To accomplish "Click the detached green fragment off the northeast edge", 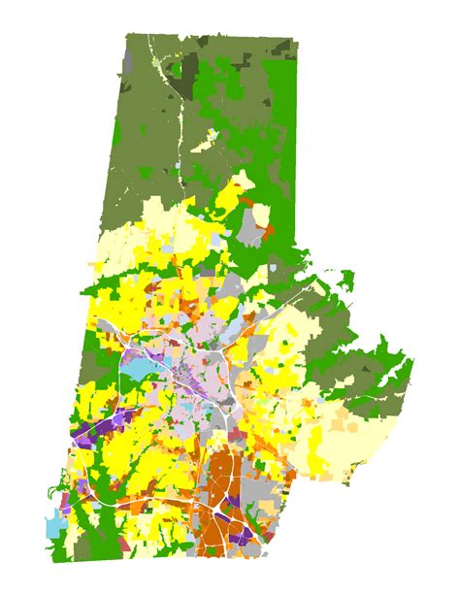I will click(341, 281).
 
